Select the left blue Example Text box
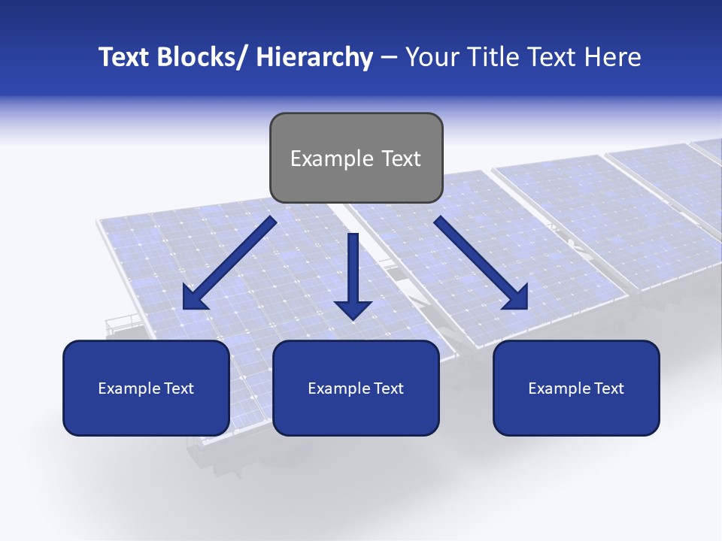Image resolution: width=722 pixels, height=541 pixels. tap(146, 388)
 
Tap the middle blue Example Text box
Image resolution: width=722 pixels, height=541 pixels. tap(356, 388)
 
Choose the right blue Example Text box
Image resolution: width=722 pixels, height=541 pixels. tap(576, 388)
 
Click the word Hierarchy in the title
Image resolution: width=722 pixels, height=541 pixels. tap(314, 57)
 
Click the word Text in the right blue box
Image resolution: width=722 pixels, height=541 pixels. tap(607, 388)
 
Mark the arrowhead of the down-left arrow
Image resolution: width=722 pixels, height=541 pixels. tap(193, 298)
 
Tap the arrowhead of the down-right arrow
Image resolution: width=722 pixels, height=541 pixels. tap(517, 298)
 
